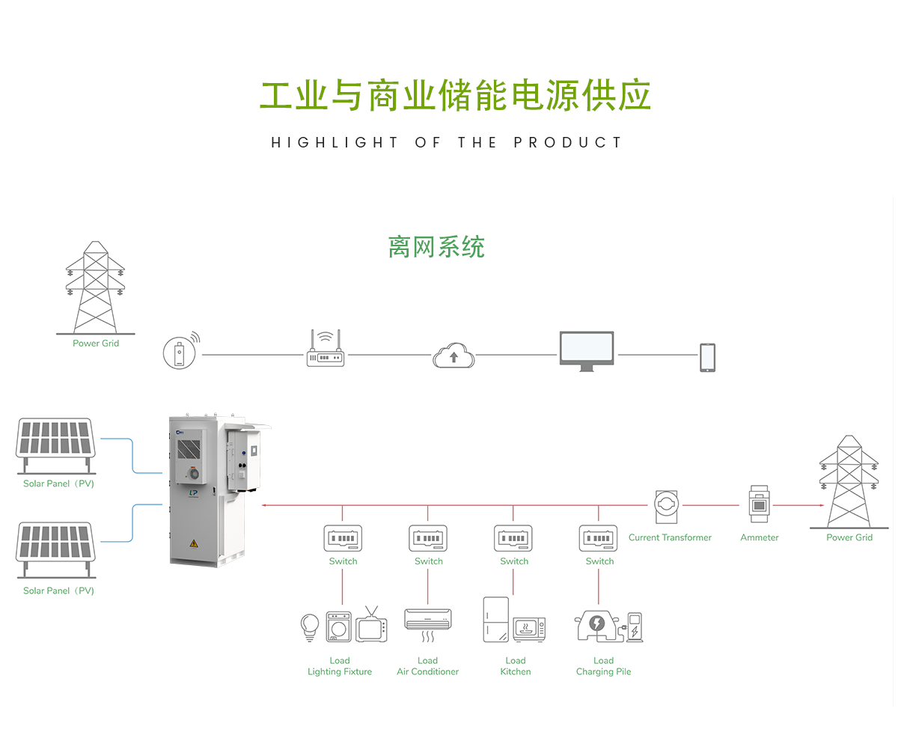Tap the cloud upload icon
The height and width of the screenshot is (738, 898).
coord(453,355)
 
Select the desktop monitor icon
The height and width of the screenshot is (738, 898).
coord(587,351)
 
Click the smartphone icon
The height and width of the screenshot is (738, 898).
coord(707,357)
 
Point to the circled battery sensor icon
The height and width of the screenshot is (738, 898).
coord(180,352)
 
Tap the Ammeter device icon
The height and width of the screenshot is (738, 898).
coord(759,505)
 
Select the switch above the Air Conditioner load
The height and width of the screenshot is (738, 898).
coord(428,538)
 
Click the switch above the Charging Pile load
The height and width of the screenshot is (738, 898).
coord(599,538)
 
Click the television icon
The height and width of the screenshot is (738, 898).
coord(372,626)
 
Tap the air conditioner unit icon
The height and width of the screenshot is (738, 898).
coord(428,620)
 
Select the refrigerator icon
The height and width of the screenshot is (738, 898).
coord(495,619)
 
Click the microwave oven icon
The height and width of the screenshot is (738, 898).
coord(529,629)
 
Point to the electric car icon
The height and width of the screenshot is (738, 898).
coord(598,626)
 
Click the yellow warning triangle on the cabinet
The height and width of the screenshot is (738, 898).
coord(195,544)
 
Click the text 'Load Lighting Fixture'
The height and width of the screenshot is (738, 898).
coord(340,666)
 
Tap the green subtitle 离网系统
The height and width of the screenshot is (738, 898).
coord(436,246)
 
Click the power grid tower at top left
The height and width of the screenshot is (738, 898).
coord(95,288)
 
